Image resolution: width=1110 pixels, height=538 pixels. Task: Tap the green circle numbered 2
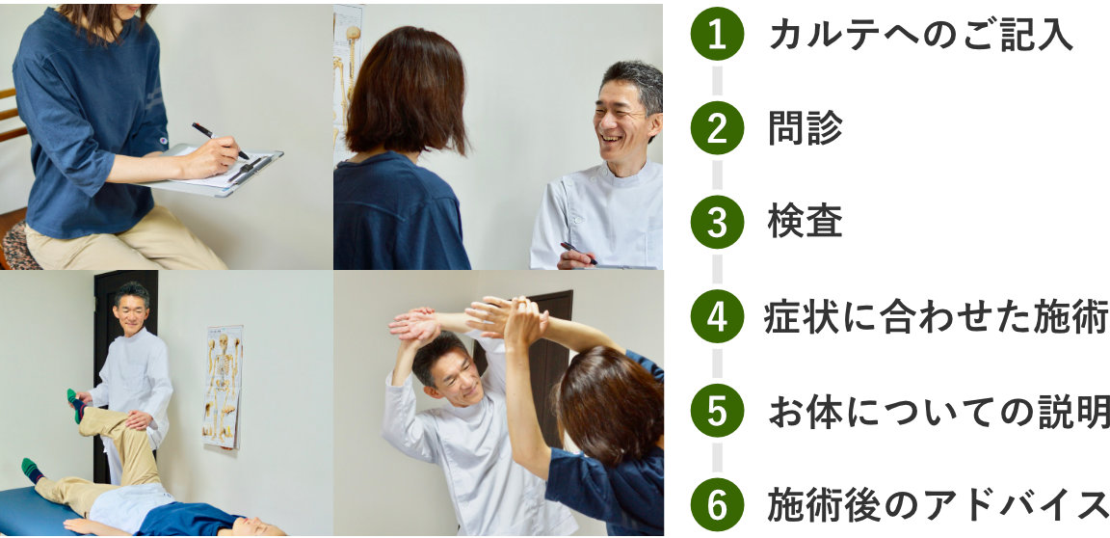pyautogui.click(x=717, y=127)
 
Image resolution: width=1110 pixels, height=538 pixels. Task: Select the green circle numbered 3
pyautogui.click(x=717, y=222)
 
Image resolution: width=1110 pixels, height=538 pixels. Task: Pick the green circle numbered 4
pyautogui.click(x=717, y=316)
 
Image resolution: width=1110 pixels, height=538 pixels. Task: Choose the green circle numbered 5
pyautogui.click(x=717, y=411)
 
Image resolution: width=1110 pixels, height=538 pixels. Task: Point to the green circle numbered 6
pyautogui.click(x=717, y=504)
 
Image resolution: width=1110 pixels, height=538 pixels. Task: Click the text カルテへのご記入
pyautogui.click(x=921, y=34)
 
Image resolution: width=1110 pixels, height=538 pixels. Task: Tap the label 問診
pyautogui.click(x=806, y=128)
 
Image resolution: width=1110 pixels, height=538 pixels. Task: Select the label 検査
pyautogui.click(x=806, y=223)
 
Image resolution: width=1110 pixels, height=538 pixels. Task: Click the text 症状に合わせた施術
pyautogui.click(x=937, y=317)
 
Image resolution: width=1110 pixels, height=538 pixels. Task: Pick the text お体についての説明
pyautogui.click(x=938, y=412)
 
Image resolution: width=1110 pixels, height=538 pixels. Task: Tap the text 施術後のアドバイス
pyautogui.click(x=938, y=505)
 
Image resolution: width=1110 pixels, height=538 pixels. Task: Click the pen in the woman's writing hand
pyautogui.click(x=220, y=140)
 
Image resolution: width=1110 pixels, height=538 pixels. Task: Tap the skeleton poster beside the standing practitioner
pyautogui.click(x=223, y=386)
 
